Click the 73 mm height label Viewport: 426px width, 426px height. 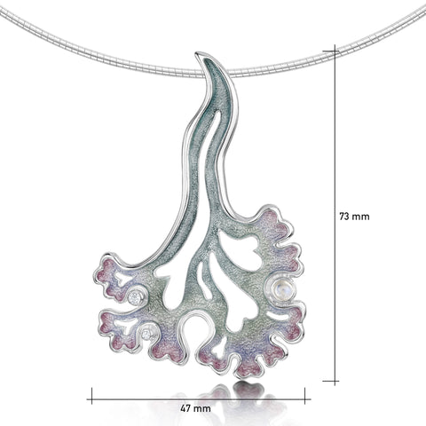click(354, 217)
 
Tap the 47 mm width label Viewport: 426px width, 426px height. click(196, 408)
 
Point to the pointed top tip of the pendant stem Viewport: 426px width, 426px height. click(197, 53)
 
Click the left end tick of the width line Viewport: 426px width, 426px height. click(91, 396)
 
